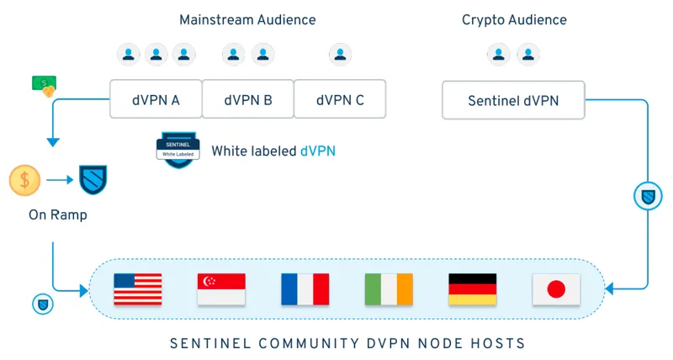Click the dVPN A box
click(156, 100)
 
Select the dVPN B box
click(248, 100)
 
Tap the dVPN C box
click(340, 100)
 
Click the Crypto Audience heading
click(514, 19)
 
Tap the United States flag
click(137, 289)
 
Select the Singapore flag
click(220, 289)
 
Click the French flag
click(305, 289)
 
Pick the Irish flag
click(389, 289)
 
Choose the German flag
click(473, 289)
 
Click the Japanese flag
click(556, 289)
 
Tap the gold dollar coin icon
click(24, 179)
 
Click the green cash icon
click(44, 84)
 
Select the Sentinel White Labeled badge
click(177, 151)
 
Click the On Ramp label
click(58, 215)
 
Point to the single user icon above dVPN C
click(340, 55)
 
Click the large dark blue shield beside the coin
click(93, 179)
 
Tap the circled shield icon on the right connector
click(647, 197)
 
